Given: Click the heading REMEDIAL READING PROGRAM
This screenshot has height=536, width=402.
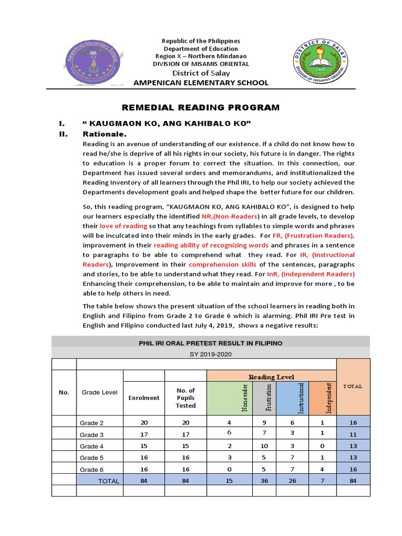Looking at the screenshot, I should (x=201, y=108).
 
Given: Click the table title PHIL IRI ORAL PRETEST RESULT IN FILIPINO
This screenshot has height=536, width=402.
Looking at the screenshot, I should (x=210, y=343).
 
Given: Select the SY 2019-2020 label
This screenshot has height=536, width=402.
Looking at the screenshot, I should (x=210, y=354).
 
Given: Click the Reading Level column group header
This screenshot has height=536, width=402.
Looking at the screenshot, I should (x=271, y=377).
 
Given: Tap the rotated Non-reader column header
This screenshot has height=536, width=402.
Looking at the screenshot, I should (x=244, y=398).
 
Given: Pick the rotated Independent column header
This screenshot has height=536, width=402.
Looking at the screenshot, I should (x=323, y=398).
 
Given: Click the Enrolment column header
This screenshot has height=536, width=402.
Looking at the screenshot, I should (x=144, y=398).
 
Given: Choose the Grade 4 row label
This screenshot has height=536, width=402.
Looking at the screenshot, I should (x=92, y=446).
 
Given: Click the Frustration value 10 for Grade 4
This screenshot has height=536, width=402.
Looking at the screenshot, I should (x=264, y=445).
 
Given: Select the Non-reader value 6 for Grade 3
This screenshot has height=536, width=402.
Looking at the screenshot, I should (x=229, y=433).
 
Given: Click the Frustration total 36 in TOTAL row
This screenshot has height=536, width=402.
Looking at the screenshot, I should (x=264, y=481).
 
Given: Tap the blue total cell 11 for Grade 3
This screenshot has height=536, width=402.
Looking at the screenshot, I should (x=353, y=434).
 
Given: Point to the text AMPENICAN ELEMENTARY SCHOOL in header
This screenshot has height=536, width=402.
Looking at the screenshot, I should (x=202, y=83).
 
